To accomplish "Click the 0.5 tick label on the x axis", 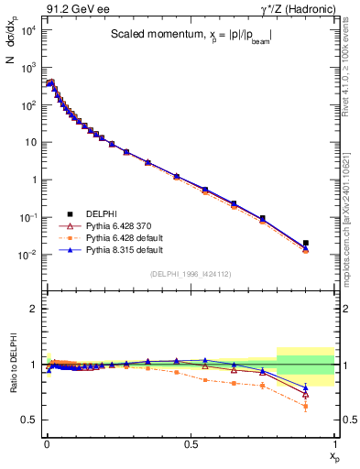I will [190, 442].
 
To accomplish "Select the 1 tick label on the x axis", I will [333, 442].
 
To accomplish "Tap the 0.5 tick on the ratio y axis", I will [30, 420].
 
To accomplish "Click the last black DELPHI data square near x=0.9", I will [305, 244].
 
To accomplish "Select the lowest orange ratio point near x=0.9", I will [305, 406].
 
